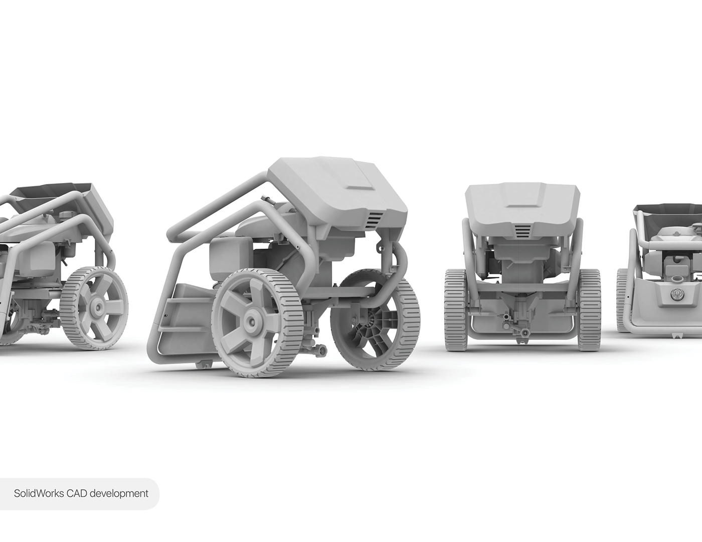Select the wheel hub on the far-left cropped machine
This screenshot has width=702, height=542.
[96, 305]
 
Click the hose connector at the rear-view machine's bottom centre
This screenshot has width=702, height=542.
[522, 331]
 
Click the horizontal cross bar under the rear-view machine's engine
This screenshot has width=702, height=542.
[521, 287]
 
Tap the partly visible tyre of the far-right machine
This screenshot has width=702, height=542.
[622, 301]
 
